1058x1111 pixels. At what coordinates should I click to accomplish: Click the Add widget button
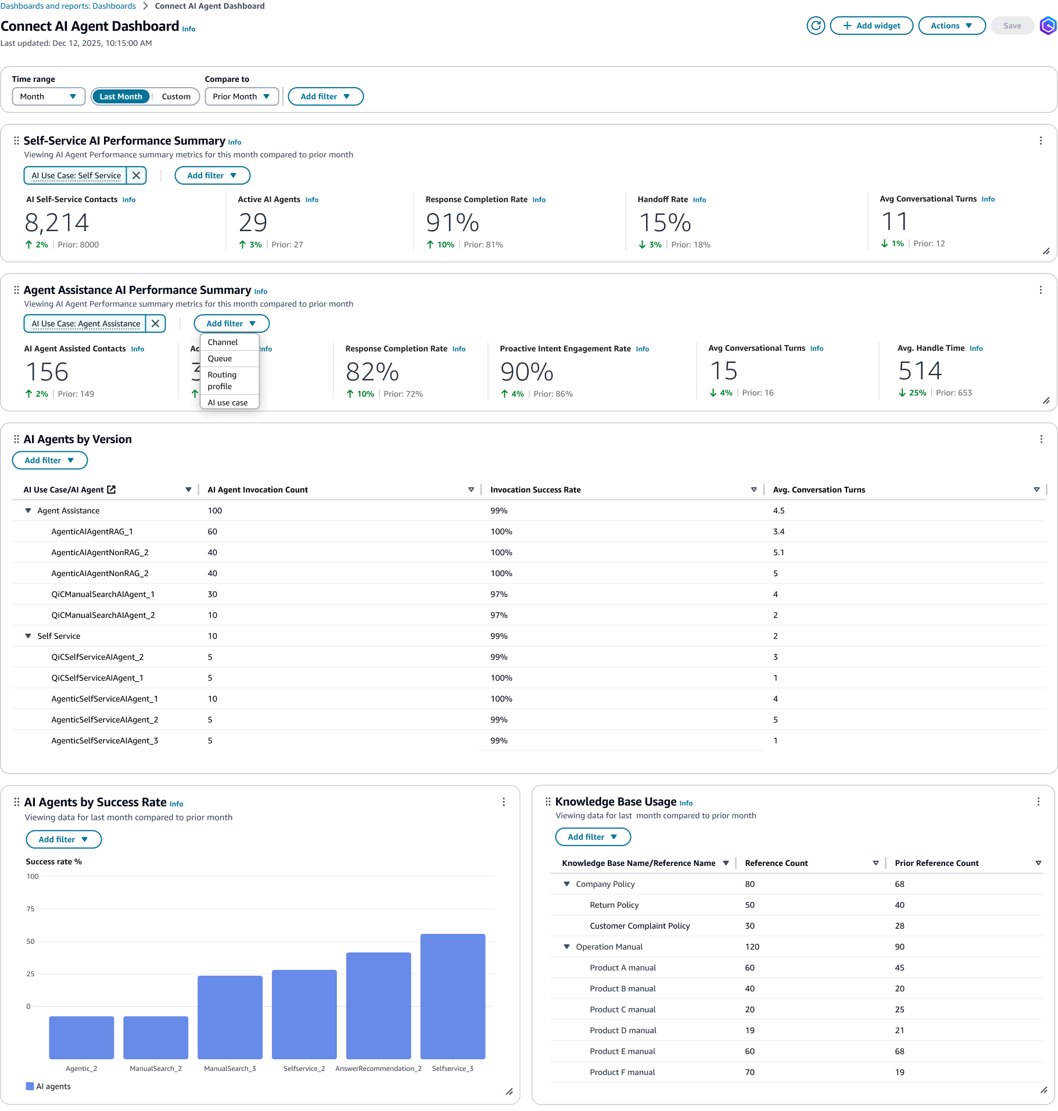(871, 26)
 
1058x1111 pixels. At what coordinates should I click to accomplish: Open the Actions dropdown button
(951, 26)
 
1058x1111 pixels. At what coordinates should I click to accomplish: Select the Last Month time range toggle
(121, 96)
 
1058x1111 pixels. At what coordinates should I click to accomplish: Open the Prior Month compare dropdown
(241, 96)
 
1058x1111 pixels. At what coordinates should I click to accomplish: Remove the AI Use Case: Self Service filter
(137, 175)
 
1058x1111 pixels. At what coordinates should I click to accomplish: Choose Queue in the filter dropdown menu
(220, 358)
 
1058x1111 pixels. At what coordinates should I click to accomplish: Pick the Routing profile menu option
(222, 380)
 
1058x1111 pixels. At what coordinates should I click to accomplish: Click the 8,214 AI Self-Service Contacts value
(57, 222)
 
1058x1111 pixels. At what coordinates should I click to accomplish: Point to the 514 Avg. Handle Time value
(920, 371)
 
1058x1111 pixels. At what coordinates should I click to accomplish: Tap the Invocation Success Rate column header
(535, 490)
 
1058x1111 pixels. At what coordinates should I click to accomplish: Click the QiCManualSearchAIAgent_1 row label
(103, 594)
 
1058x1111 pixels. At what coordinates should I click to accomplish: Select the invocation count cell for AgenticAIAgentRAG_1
(213, 531)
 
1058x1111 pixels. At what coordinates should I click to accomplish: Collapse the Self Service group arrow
(28, 636)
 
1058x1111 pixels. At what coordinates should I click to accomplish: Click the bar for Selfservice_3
(453, 996)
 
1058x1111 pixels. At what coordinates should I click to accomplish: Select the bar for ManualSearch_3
(230, 1017)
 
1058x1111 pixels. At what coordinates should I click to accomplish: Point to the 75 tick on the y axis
(30, 909)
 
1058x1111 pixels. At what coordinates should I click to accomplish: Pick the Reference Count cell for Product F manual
(750, 1072)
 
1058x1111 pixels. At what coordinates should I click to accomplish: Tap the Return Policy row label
(614, 905)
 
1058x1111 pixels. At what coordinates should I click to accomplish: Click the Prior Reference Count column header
(937, 863)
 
